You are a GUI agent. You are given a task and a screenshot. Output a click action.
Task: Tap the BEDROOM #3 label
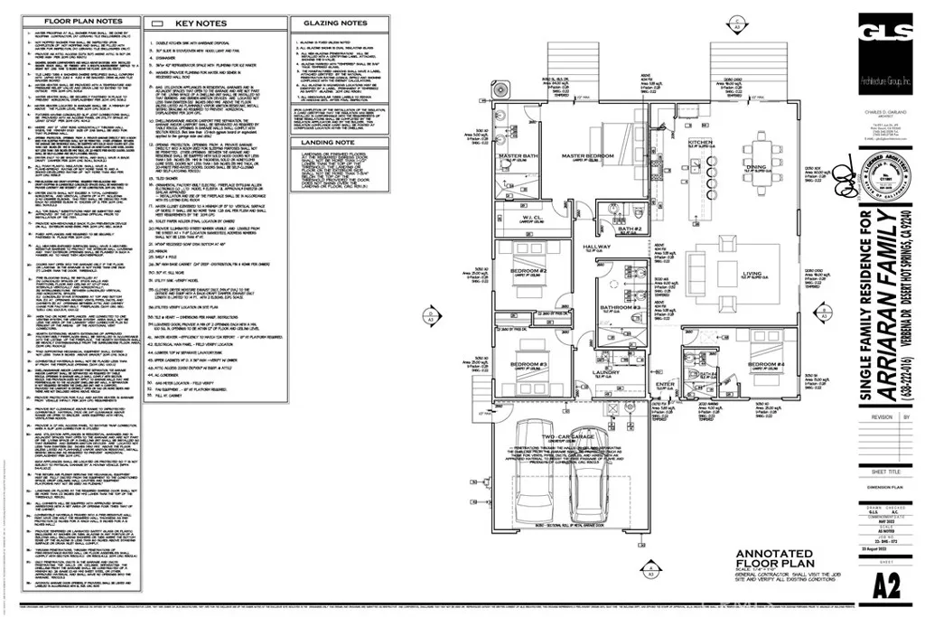525,364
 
